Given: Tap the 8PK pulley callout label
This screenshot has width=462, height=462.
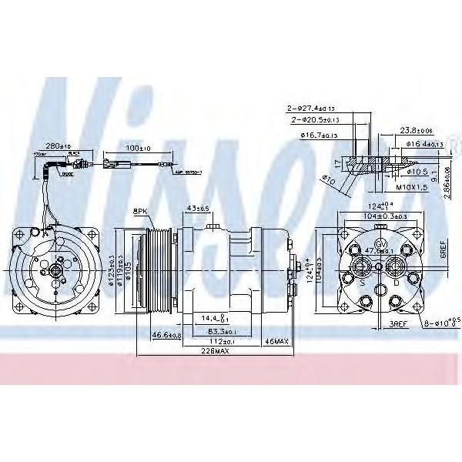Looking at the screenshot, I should [139, 210].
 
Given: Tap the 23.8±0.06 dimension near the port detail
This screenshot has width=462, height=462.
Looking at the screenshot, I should [409, 130].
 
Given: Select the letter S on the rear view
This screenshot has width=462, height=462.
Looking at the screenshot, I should [361, 282].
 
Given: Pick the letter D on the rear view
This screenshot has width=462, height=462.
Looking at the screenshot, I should [396, 282].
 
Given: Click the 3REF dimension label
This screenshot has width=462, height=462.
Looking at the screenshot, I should [397, 326].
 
